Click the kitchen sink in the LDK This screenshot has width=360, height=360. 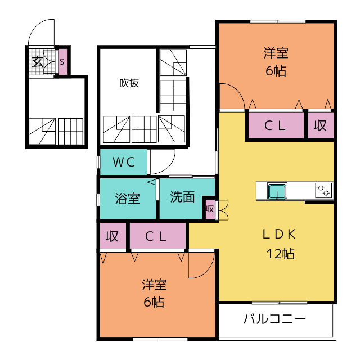click(277, 191)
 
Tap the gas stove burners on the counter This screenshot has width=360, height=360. click(323, 190)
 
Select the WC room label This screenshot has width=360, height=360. click(124, 162)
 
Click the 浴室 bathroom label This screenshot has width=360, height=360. click(128, 199)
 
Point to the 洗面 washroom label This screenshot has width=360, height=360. click(182, 197)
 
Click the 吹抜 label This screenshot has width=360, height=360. click(129, 83)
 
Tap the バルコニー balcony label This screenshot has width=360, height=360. click(274, 319)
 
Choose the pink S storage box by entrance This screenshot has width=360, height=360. click(62, 62)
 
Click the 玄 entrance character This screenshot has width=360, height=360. click(38, 61)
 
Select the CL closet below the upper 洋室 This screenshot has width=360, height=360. click(276, 125)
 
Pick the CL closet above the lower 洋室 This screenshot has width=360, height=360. click(157, 236)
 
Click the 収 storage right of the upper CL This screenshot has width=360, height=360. click(321, 125)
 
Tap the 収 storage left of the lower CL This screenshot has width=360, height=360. click(113, 236)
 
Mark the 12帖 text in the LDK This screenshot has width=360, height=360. click(281, 254)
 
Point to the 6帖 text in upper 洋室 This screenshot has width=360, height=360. click(276, 71)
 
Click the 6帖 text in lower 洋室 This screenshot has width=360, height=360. click(154, 302)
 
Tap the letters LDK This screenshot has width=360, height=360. click(279, 235)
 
